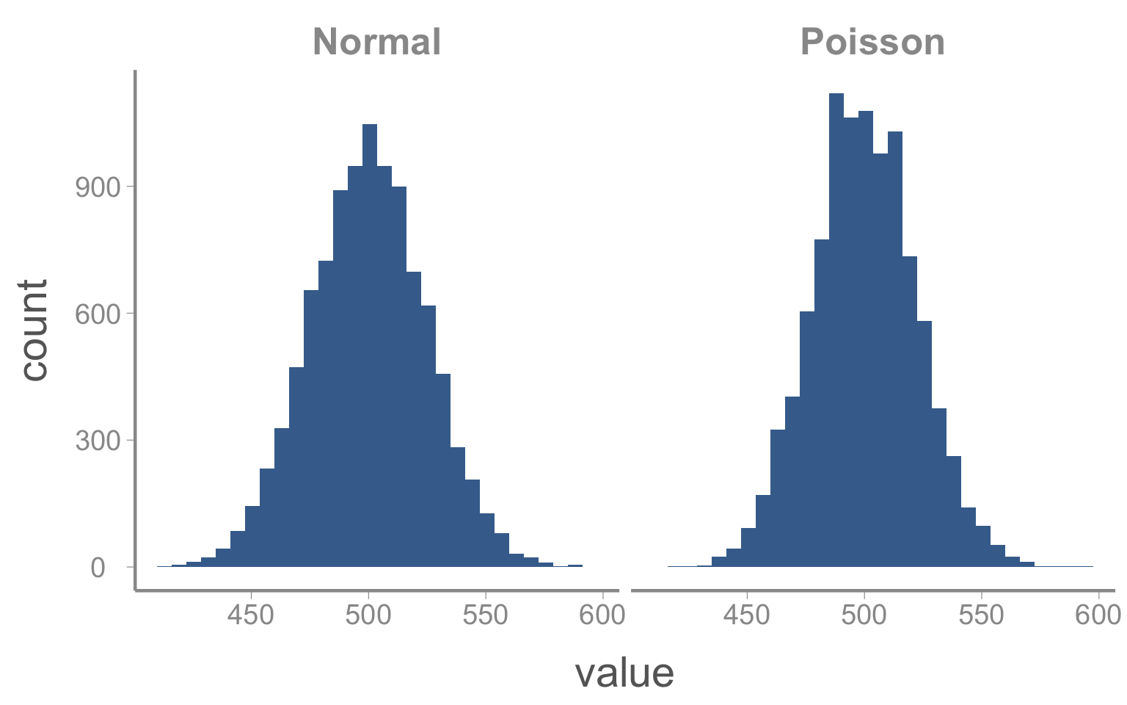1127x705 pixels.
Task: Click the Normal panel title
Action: click(x=376, y=42)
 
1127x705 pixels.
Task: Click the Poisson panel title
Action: click(x=872, y=42)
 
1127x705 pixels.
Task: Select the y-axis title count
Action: click(x=34, y=330)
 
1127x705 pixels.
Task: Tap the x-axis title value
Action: click(x=624, y=672)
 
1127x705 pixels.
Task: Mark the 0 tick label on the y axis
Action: click(x=98, y=568)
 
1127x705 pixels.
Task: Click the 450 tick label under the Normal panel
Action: click(x=251, y=615)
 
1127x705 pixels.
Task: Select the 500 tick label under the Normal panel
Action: click(x=368, y=615)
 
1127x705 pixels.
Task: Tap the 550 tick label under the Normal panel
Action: click(x=486, y=615)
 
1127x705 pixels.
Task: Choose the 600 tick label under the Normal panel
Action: click(x=602, y=615)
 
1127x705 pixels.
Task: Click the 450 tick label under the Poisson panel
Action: click(x=747, y=615)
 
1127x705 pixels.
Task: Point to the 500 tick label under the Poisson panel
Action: click(x=864, y=615)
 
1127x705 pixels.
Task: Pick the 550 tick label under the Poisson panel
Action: click(x=982, y=615)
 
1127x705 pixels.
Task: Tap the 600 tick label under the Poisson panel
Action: click(x=1098, y=615)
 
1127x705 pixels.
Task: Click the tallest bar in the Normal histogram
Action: click(x=370, y=345)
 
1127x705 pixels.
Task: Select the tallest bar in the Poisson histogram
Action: click(x=836, y=330)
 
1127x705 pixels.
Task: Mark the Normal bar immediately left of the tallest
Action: click(x=355, y=366)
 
